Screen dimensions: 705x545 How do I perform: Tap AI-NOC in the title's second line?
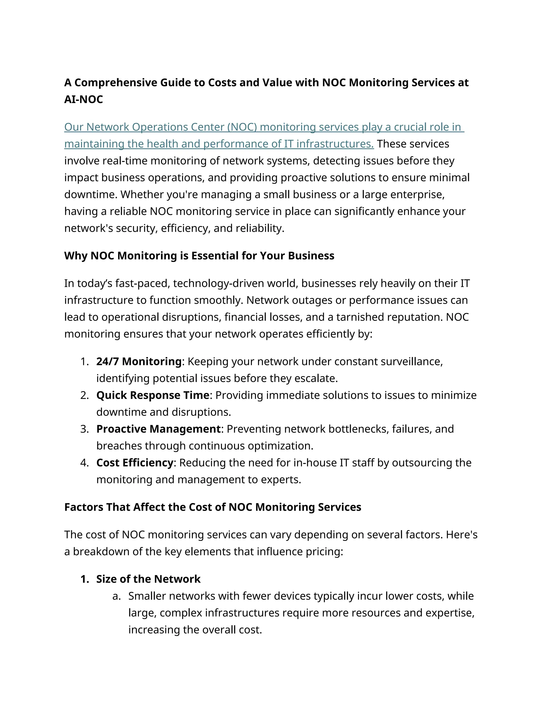tap(83, 99)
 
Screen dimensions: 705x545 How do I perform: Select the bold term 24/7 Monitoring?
tap(139, 362)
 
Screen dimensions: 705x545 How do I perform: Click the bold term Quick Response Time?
tap(153, 395)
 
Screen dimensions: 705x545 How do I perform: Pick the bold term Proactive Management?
tap(158, 429)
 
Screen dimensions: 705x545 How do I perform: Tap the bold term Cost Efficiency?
tap(135, 463)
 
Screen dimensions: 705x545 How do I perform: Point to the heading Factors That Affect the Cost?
tap(212, 507)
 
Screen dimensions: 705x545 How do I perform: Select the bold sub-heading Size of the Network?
tap(148, 579)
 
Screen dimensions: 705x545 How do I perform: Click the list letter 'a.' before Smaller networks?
tap(117, 596)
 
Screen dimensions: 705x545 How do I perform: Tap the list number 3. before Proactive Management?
tap(85, 429)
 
